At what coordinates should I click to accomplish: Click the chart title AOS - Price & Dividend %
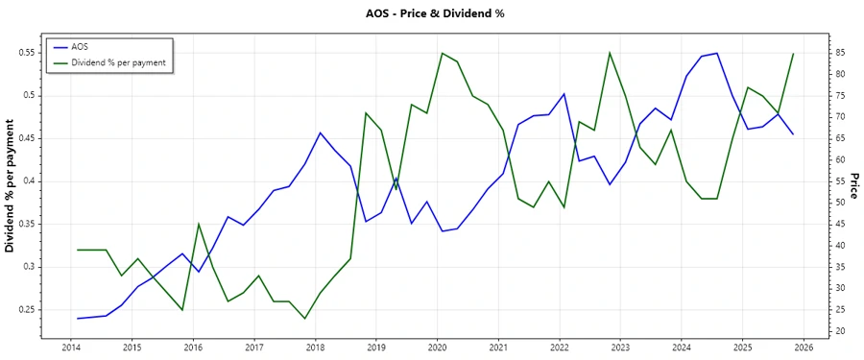click(435, 13)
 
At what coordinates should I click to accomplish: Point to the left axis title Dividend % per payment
click(11, 186)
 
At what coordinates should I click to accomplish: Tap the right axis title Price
click(853, 186)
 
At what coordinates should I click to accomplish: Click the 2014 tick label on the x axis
click(71, 347)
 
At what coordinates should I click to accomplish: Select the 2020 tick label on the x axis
click(437, 347)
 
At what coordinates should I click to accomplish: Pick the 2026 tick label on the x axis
click(804, 347)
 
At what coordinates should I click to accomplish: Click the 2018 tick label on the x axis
click(315, 347)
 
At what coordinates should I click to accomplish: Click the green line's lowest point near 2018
click(304, 319)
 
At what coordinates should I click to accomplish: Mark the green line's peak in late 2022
click(610, 53)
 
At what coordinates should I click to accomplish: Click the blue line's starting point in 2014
click(77, 318)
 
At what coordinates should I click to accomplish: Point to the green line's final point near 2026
click(793, 54)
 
